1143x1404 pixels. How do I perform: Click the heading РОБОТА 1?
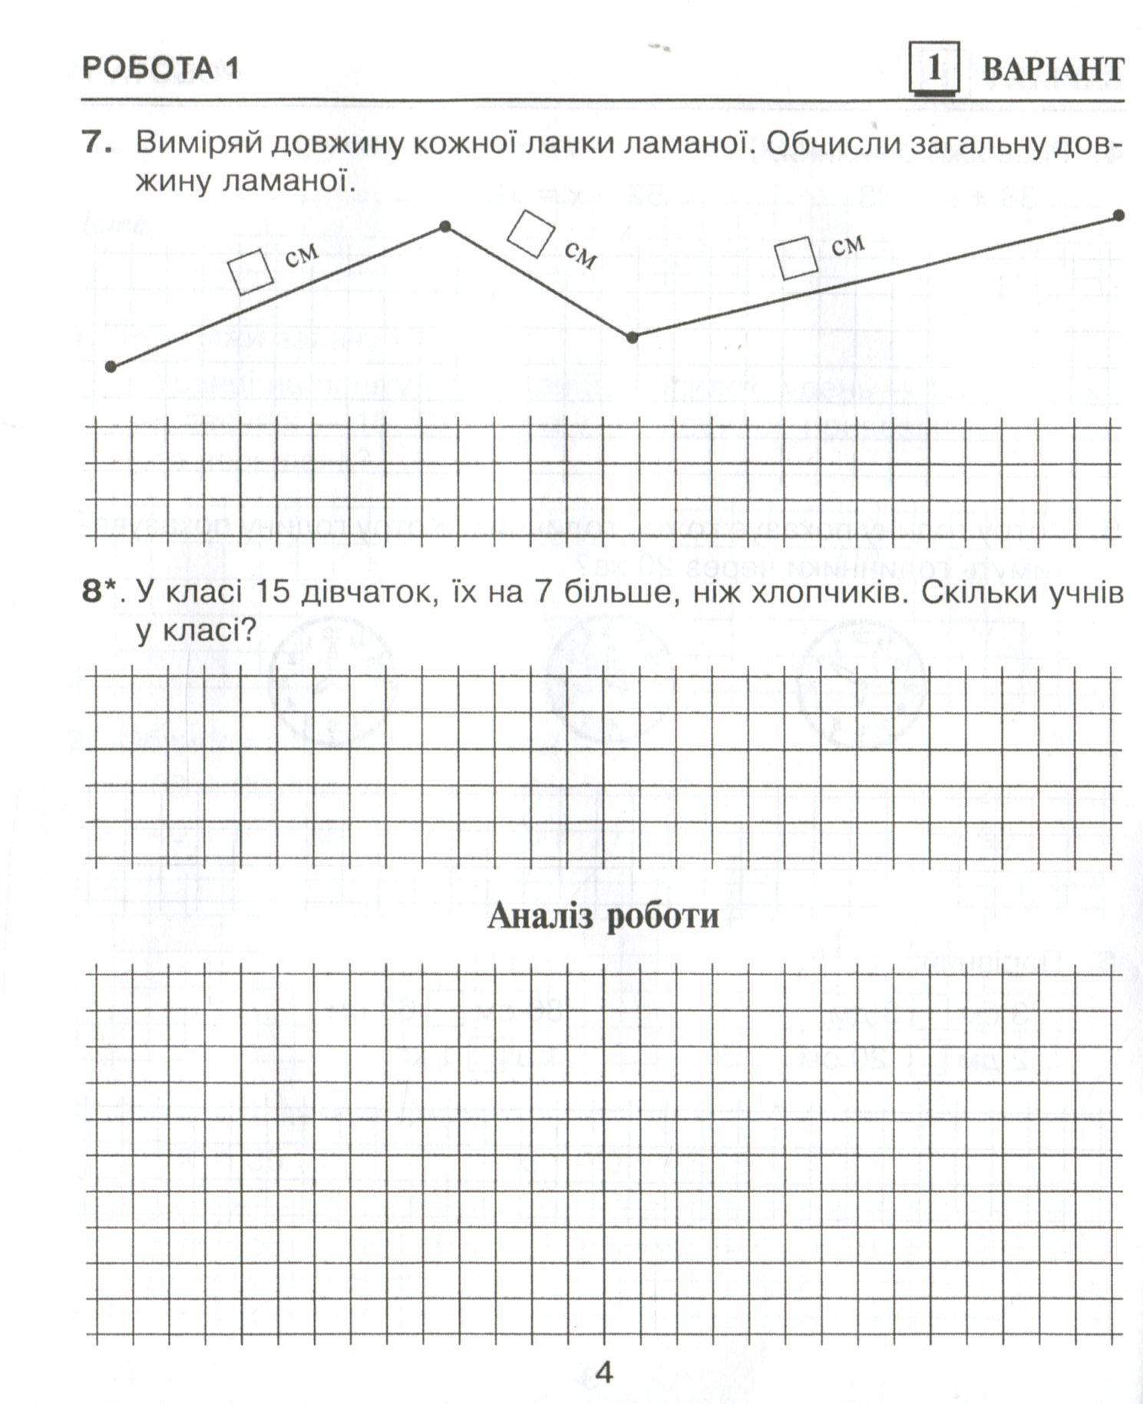160,68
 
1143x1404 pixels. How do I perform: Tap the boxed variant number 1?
933,69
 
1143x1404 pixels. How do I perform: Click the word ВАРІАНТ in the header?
1053,69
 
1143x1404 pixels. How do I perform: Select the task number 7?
96,143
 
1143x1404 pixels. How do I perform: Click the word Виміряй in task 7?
197,143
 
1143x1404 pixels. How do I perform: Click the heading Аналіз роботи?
603,915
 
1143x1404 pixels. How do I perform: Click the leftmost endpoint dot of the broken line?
111,367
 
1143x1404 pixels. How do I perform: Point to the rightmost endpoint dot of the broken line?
1119,216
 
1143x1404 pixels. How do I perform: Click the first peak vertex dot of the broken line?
444,226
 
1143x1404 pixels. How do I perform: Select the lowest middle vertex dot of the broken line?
632,337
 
